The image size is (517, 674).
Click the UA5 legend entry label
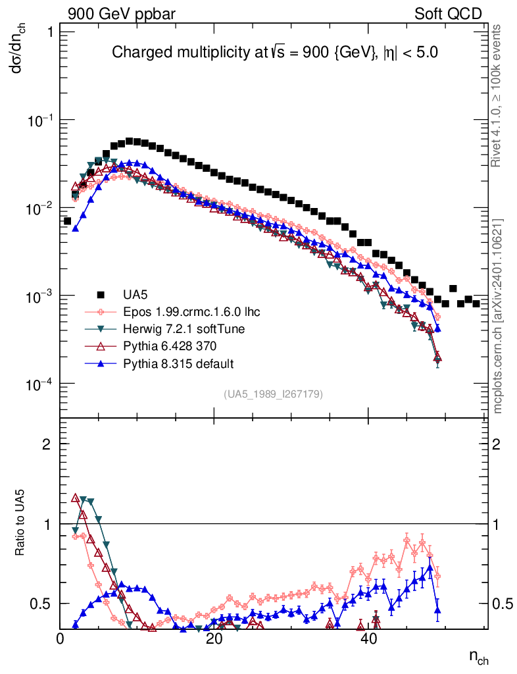(135, 294)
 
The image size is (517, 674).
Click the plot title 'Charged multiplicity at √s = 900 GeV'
(275, 53)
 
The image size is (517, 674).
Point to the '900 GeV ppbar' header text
(122, 14)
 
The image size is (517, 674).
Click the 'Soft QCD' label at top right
(448, 14)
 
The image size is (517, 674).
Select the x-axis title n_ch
(478, 656)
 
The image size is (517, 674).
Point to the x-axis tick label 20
(214, 638)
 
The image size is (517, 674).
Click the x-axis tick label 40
(368, 638)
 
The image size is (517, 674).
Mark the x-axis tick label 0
(61, 638)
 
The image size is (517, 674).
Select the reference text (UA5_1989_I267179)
(274, 394)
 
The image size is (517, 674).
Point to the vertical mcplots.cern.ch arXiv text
(498, 316)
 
